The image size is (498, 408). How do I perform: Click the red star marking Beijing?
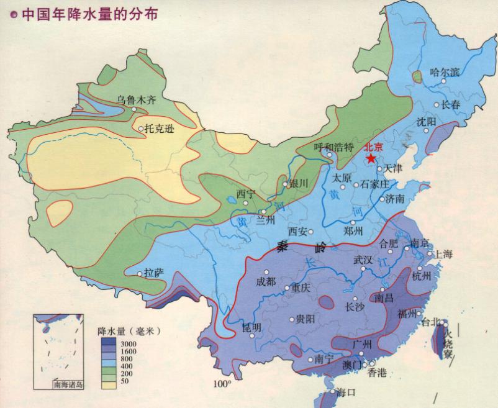371,158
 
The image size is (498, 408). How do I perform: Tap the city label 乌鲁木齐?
136,99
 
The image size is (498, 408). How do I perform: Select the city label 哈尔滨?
445,72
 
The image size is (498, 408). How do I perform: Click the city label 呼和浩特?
333,147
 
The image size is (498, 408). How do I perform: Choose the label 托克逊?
160,129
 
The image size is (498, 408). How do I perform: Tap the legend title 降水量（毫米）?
129,332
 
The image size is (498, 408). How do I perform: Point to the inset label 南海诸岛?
67,385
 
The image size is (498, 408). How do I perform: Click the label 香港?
377,373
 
